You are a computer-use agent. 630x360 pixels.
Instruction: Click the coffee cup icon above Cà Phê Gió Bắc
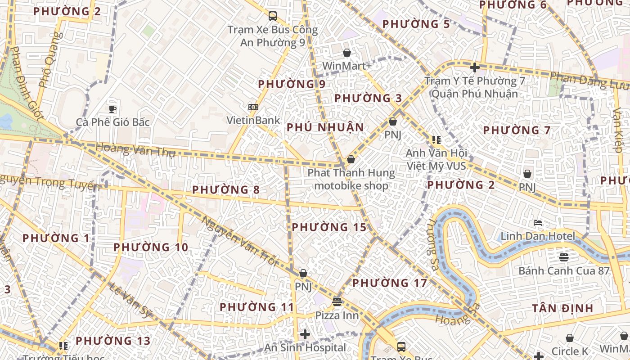click(x=112, y=108)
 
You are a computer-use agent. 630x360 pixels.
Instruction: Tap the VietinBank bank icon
click(x=253, y=107)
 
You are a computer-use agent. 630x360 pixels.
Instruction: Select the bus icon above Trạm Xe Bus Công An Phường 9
click(x=272, y=16)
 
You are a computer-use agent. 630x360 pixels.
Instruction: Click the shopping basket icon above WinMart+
click(x=347, y=53)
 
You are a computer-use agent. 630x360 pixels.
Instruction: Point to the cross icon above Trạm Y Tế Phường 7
click(x=474, y=67)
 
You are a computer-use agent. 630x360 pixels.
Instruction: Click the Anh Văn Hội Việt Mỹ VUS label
click(x=436, y=159)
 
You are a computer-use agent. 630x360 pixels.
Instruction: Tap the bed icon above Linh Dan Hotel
click(x=538, y=223)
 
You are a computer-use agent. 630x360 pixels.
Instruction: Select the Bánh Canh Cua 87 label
click(x=564, y=270)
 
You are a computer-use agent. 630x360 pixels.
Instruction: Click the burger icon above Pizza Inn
click(x=337, y=301)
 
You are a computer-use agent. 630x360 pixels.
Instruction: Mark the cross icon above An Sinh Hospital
click(x=305, y=334)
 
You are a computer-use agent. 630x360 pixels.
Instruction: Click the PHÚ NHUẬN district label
click(x=325, y=127)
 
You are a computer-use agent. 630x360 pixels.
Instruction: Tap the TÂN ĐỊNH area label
click(x=562, y=308)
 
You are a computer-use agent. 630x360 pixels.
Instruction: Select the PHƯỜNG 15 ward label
click(x=329, y=227)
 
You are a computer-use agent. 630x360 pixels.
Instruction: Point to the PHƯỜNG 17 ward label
click(x=389, y=283)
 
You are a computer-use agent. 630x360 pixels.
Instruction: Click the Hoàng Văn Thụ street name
click(x=135, y=149)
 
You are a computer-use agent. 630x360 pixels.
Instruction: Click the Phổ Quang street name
click(x=50, y=60)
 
